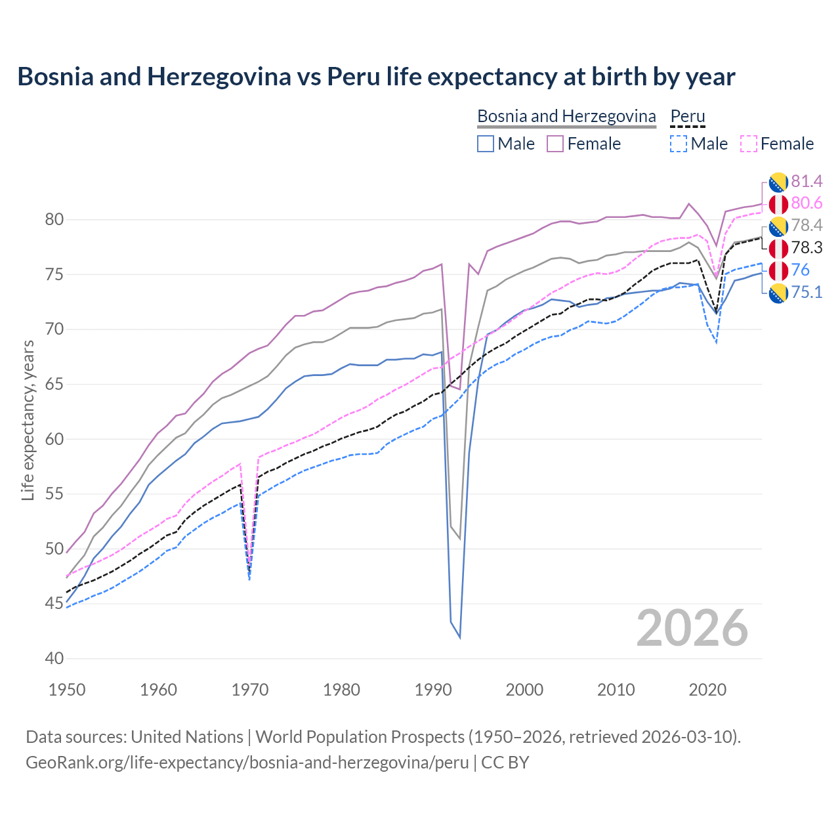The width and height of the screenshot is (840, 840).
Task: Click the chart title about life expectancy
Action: point(376,77)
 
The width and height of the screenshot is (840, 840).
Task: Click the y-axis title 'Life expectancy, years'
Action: point(28,420)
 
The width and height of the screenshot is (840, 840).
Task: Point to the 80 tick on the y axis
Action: point(54,219)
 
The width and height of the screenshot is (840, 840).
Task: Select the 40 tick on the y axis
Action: point(54,658)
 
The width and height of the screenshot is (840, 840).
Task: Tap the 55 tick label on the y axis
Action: point(54,493)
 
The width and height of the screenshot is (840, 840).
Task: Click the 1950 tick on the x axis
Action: point(67,690)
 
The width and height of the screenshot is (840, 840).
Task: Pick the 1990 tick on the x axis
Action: point(433,690)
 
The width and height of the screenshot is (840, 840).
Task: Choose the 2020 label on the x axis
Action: point(707,690)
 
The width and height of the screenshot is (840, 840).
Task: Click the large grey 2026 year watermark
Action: point(692,628)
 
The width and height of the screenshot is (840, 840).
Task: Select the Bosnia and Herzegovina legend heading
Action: point(566,116)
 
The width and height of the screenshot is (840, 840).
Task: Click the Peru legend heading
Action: point(687,116)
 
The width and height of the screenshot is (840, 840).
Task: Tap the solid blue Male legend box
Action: point(486,144)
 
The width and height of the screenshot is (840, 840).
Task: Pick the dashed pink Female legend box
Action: point(749,144)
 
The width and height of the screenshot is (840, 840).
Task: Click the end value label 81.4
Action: point(807,181)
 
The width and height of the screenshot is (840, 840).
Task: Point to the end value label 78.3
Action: point(807,247)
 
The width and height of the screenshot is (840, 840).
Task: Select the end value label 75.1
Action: point(807,292)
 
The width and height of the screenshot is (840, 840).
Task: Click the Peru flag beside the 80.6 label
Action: point(778,203)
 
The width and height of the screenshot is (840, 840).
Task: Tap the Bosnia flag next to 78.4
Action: point(778,226)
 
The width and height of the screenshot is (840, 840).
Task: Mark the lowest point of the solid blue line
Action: point(460,637)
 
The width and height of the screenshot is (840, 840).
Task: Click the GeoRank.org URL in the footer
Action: point(247,763)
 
